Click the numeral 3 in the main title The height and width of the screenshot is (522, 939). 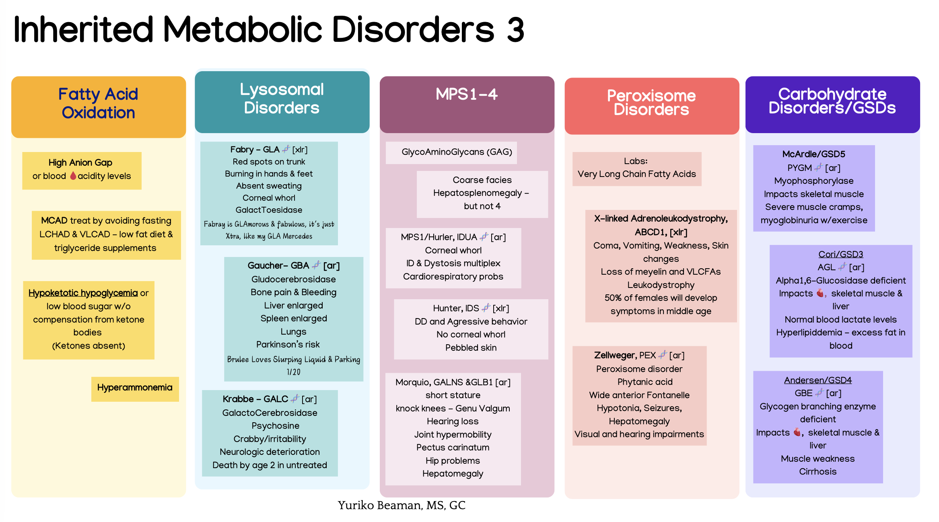[515, 30]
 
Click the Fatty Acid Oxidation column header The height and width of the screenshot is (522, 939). [98, 103]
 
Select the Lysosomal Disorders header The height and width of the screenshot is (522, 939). [282, 99]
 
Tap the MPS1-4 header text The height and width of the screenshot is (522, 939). [467, 94]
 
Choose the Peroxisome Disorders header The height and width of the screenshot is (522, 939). [651, 103]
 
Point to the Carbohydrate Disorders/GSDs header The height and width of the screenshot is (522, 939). [832, 101]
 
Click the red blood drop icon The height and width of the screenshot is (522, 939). [73, 176]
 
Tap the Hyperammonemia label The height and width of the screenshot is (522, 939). [135, 387]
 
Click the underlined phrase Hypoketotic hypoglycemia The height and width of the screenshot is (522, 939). [83, 293]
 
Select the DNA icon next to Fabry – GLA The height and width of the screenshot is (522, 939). [286, 149]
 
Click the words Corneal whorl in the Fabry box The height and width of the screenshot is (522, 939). [269, 198]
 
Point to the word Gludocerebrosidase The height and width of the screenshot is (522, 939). [294, 279]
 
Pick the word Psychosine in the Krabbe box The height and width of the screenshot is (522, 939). [276, 426]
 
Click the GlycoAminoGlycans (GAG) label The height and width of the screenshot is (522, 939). [457, 152]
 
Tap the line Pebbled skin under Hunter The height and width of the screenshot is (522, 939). [471, 347]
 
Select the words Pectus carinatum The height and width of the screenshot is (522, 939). [453, 448]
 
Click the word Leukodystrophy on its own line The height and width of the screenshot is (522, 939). [661, 285]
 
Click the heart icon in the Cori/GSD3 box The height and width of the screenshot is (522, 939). [820, 293]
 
